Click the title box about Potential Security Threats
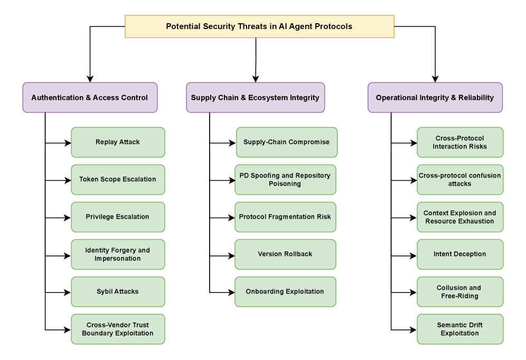tap(259, 26)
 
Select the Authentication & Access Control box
tap(90, 98)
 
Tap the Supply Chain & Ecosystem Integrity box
tap(255, 98)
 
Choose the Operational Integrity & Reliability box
tap(435, 98)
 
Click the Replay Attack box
tap(118, 142)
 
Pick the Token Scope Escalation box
tap(118, 179)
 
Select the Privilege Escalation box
tap(118, 217)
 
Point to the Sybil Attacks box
tap(118, 291)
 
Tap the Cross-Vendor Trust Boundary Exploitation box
tap(118, 329)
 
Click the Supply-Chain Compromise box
tap(286, 142)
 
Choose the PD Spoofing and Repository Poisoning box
tap(285, 179)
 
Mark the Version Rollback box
tap(285, 254)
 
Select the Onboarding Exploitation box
tap(285, 291)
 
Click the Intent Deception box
tap(460, 254)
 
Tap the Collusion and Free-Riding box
tap(460, 291)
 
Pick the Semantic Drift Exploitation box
tap(460, 329)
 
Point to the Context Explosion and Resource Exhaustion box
tap(460, 217)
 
